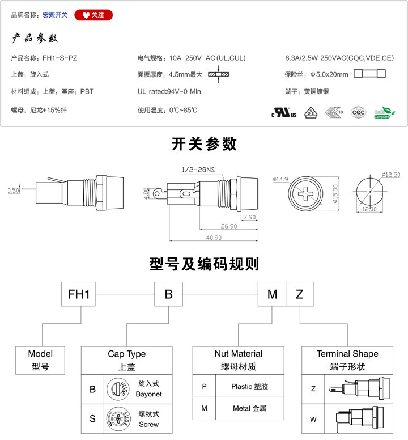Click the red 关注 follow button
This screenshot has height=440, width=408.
93,15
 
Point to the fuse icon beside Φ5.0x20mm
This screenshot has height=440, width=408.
369,74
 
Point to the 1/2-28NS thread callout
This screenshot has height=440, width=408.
198,170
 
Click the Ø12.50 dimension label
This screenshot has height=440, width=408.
390,175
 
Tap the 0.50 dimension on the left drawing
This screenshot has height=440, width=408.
14,191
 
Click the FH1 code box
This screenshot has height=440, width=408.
79,294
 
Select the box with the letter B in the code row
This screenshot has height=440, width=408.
168,294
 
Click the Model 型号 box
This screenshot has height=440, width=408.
40,360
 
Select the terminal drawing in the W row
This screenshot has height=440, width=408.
357,420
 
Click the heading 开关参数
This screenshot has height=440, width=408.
204,145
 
